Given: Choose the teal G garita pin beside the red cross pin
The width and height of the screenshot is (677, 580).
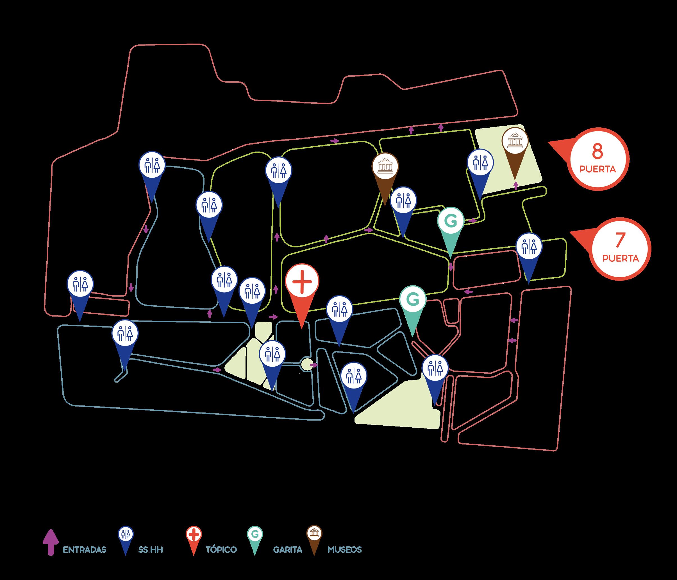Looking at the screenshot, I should coord(413,299).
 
